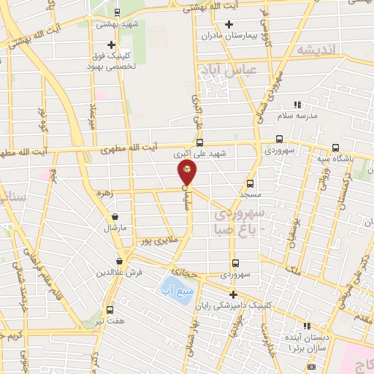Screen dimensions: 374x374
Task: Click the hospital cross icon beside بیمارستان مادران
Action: pyautogui.click(x=229, y=24)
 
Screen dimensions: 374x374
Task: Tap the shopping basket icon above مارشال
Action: pyautogui.click(x=115, y=217)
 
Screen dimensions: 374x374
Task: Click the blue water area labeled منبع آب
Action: pyautogui.click(x=174, y=287)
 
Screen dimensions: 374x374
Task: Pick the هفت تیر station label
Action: pyautogui.click(x=110, y=321)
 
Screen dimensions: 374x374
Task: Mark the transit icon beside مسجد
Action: pyautogui.click(x=250, y=183)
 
